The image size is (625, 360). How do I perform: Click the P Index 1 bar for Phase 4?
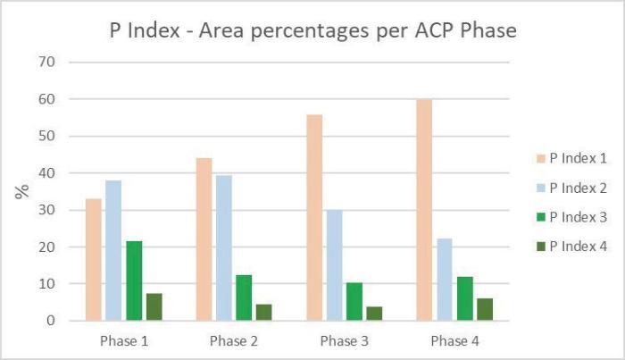424,209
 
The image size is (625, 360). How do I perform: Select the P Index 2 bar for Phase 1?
113,250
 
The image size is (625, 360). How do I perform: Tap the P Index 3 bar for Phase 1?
134,280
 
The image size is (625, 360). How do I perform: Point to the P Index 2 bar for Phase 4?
445,279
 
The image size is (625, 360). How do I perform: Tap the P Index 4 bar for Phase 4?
485,309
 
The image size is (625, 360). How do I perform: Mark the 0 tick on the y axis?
51,321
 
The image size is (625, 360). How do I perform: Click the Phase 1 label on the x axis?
123,340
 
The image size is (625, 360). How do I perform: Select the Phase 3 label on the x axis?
344,340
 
